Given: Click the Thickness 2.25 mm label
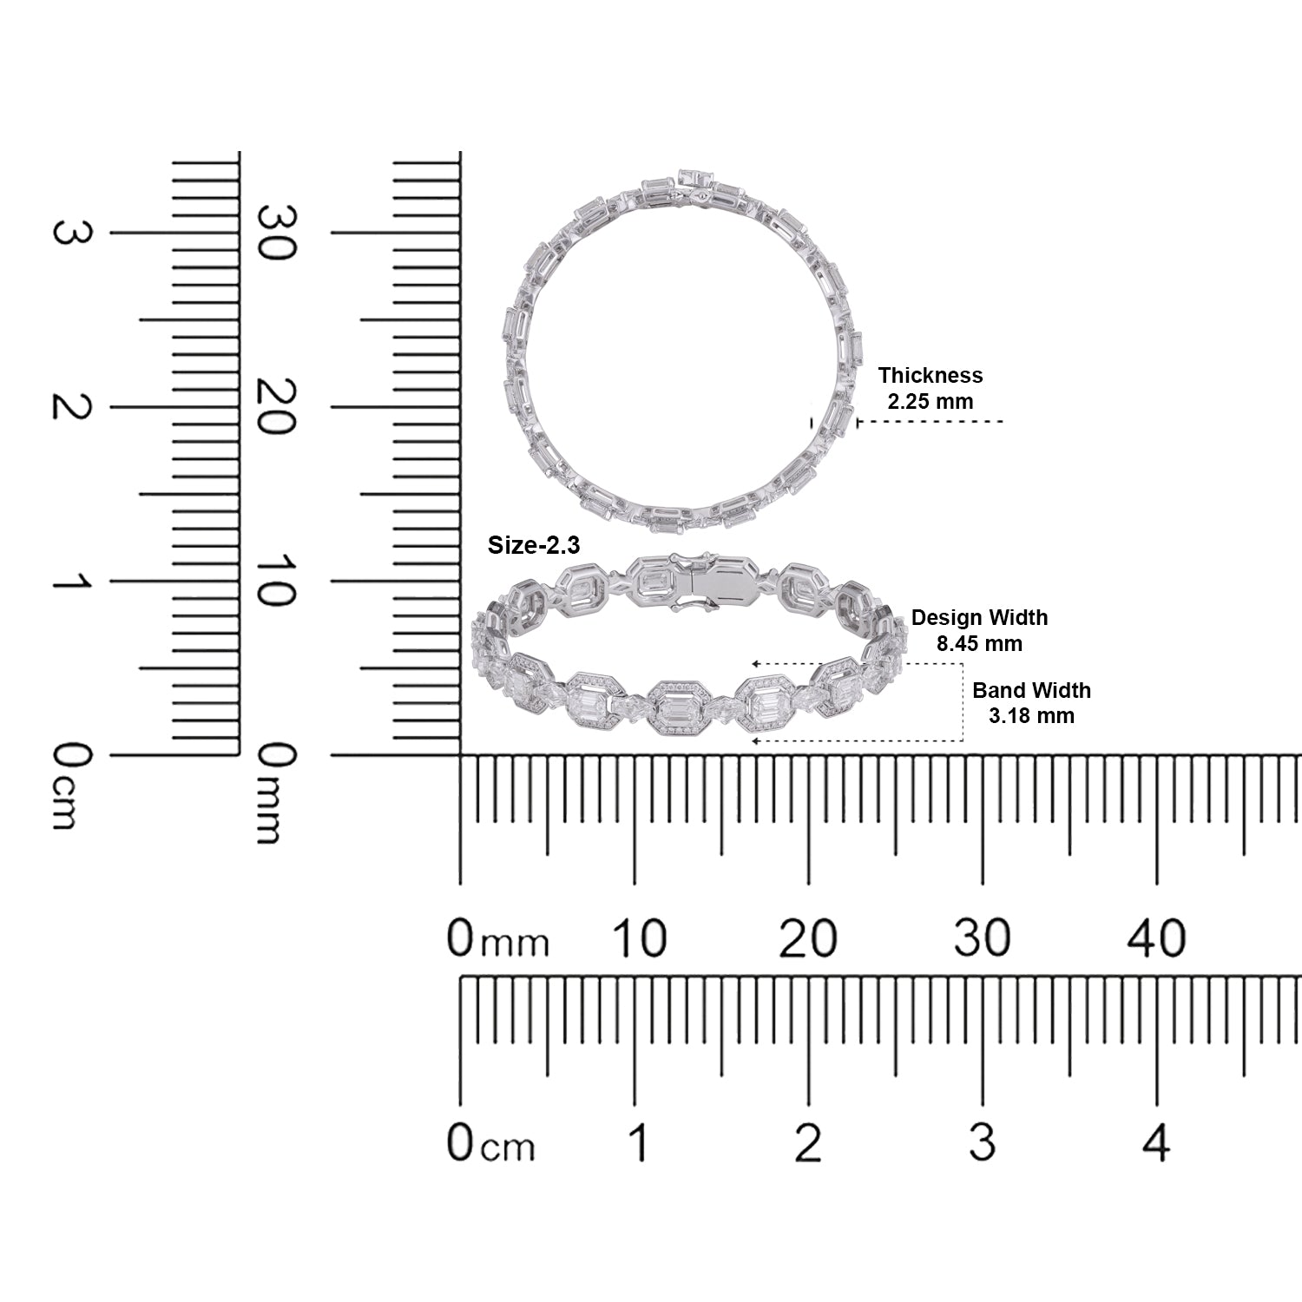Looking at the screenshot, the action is pyautogui.click(x=930, y=388).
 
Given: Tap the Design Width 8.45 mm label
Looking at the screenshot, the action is pyautogui.click(x=979, y=630).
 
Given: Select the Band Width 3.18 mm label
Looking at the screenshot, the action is pyautogui.click(x=1031, y=702).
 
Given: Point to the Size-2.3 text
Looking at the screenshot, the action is pyautogui.click(x=534, y=544).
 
